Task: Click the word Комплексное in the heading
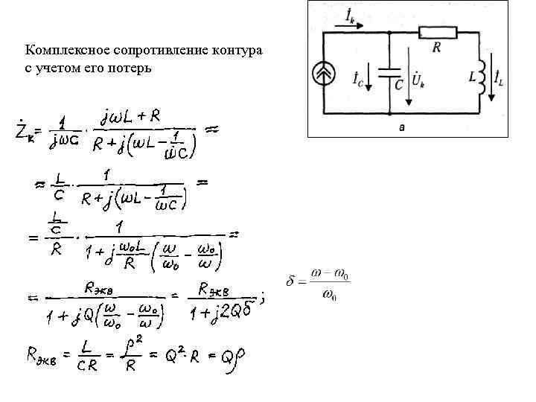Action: tap(60, 51)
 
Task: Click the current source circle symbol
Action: tap(325, 75)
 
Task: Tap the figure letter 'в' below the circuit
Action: tap(402, 128)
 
